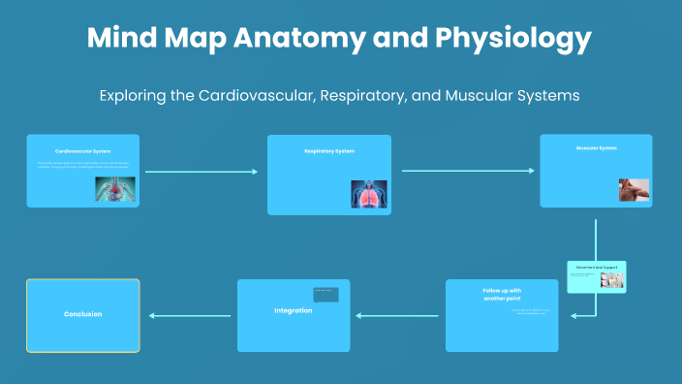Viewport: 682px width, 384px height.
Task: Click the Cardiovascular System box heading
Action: (82, 151)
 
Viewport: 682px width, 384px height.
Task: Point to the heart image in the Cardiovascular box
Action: (115, 188)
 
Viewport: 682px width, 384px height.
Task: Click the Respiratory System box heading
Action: (328, 151)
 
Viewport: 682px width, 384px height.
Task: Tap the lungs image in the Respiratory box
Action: (368, 194)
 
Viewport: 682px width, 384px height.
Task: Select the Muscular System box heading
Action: (596, 148)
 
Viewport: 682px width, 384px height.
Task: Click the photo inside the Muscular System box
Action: (634, 189)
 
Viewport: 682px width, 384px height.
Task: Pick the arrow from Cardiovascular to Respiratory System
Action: (201, 172)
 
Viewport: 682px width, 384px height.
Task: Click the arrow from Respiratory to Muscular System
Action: (467, 171)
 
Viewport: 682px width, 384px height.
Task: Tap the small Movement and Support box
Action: (596, 276)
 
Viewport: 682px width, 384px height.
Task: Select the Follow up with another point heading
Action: (502, 295)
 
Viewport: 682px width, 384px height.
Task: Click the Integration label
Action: (293, 310)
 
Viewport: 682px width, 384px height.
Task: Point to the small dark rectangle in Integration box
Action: (325, 295)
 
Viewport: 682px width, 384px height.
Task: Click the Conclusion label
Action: (82, 314)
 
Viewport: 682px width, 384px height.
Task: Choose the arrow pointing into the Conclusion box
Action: (190, 315)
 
